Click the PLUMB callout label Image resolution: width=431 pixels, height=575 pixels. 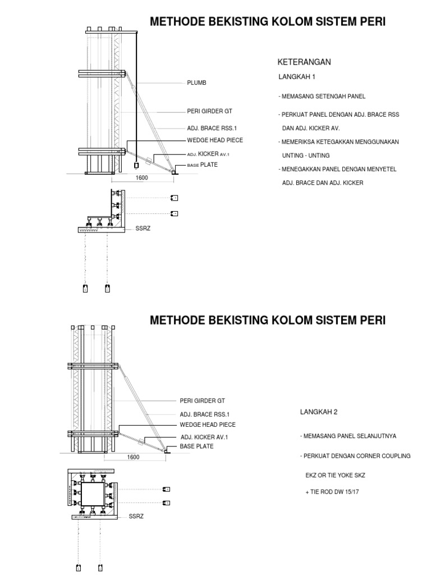(x=197, y=83)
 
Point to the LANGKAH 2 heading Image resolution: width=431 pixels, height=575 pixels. (x=319, y=412)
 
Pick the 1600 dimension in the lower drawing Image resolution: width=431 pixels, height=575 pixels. (x=133, y=457)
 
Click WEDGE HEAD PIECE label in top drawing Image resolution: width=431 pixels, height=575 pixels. (x=215, y=140)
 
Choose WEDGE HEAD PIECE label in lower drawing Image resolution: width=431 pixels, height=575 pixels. (x=208, y=425)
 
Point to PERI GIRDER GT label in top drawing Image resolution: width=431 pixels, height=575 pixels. (x=209, y=111)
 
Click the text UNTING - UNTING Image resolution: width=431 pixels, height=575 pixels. (x=305, y=155)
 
